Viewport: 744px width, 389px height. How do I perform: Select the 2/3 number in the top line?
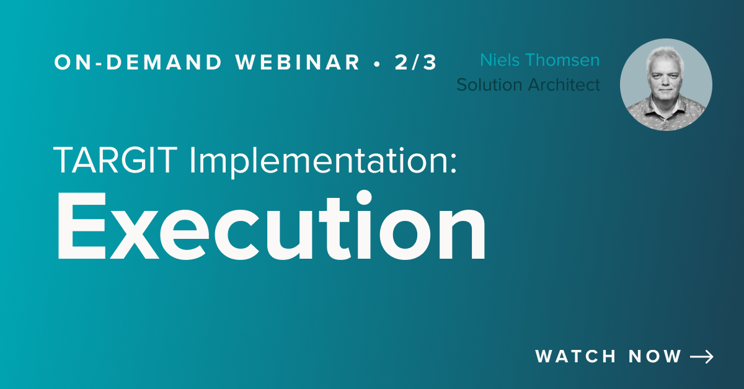(x=415, y=62)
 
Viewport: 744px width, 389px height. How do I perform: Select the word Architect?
(x=565, y=84)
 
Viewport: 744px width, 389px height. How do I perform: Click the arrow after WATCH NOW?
(x=702, y=357)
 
